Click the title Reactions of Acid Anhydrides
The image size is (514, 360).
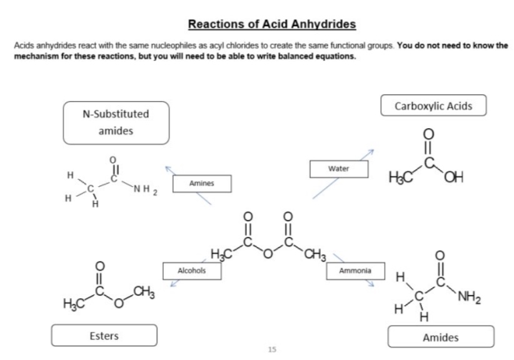[271, 24]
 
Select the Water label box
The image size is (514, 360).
[338, 169]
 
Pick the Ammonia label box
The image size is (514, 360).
[355, 271]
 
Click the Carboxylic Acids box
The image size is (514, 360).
[433, 106]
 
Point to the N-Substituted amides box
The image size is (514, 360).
[116, 122]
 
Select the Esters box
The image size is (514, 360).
[104, 336]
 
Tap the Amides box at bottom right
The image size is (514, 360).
[440, 337]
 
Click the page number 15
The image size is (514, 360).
[271, 349]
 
